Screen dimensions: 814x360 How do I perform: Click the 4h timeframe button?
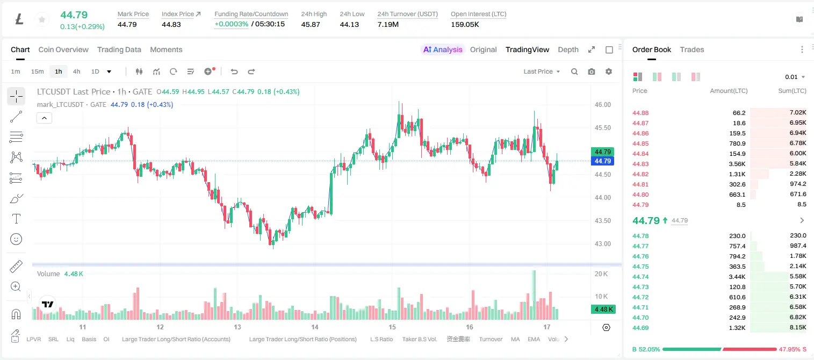tap(76, 71)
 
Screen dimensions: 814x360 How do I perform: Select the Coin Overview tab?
tap(63, 49)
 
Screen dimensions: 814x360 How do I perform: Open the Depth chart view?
tap(568, 49)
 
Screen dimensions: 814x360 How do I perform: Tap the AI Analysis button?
tap(443, 49)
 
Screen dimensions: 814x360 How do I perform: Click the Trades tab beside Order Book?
tap(692, 49)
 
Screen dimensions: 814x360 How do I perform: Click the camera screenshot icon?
tap(592, 71)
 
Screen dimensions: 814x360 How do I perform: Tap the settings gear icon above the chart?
tap(609, 71)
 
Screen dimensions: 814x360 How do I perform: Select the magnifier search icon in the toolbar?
tap(574, 71)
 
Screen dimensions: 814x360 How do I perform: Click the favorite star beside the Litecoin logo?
tap(42, 19)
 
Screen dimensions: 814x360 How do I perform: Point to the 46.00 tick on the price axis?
tap(603, 105)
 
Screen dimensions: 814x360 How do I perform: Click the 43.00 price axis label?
tap(603, 244)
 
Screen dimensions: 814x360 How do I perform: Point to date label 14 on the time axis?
tap(315, 327)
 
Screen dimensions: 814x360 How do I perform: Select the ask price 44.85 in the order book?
tap(640, 143)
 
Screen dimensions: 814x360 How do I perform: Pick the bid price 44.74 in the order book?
tap(640, 277)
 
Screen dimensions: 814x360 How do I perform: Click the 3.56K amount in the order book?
tap(737, 164)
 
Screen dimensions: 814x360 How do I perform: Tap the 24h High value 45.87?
tap(311, 24)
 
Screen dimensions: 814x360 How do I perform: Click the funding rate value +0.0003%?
tap(232, 24)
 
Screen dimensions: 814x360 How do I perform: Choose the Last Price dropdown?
tap(542, 71)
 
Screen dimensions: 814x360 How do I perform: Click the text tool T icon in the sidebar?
tap(16, 219)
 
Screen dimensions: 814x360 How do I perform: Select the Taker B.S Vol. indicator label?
tap(419, 339)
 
